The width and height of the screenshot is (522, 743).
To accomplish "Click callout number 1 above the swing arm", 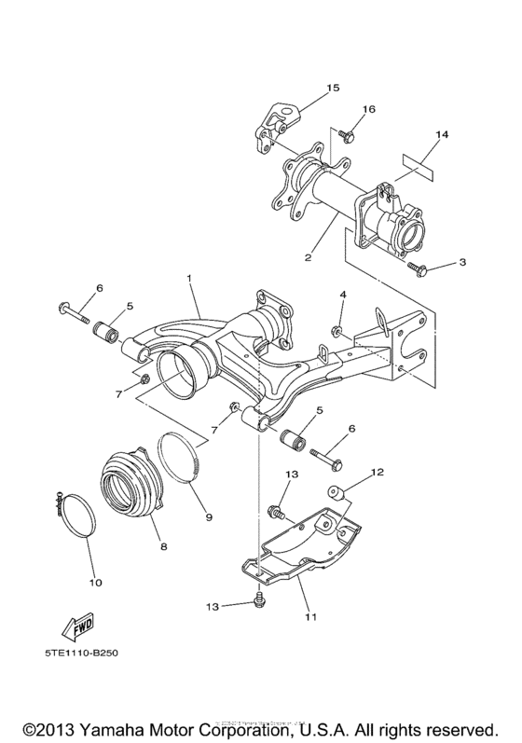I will tap(188, 279).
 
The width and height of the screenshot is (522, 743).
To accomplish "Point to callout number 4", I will tap(342, 296).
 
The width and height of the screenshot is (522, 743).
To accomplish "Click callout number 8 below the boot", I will tap(164, 546).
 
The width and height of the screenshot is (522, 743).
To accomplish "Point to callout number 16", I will tap(368, 109).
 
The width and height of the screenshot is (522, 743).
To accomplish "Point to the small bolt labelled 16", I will tap(346, 137).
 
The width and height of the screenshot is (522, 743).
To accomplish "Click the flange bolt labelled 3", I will tap(418, 270).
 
